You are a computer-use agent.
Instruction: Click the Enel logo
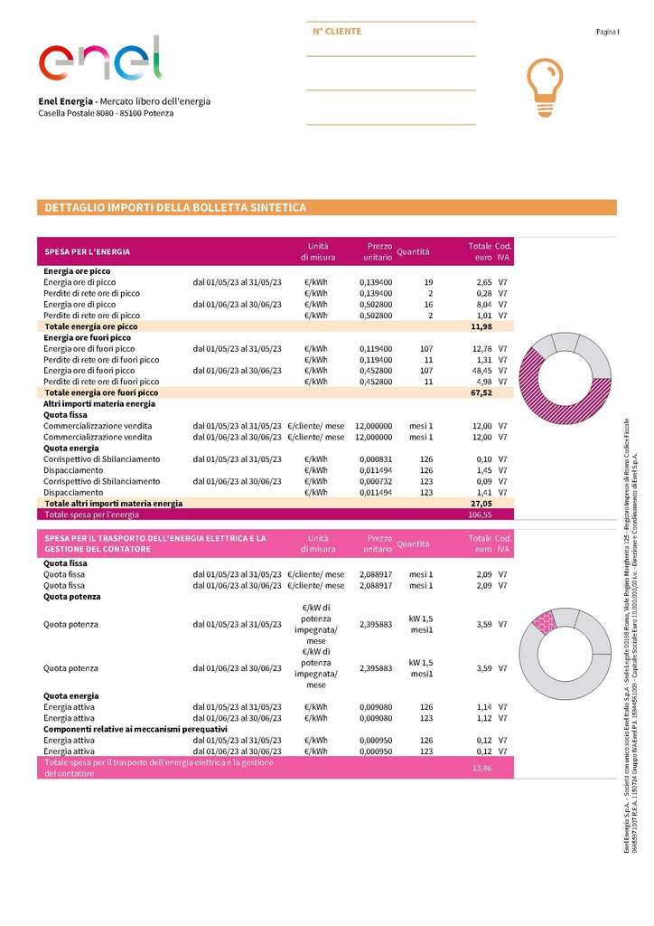[x=99, y=60]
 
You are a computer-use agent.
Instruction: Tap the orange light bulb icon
[x=544, y=86]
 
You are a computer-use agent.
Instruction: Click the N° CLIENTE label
[x=337, y=32]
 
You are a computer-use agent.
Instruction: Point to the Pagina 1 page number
[x=607, y=32]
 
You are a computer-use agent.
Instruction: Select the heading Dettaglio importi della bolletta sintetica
[x=176, y=208]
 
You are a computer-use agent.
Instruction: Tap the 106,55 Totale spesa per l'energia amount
[x=479, y=514]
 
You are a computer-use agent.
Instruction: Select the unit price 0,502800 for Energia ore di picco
[x=376, y=305]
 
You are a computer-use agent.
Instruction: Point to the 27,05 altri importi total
[x=481, y=503]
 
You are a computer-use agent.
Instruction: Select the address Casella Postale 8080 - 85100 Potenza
[x=107, y=113]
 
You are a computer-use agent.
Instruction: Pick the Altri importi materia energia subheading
[x=99, y=403]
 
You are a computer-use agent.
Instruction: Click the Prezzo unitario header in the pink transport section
[x=379, y=543]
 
